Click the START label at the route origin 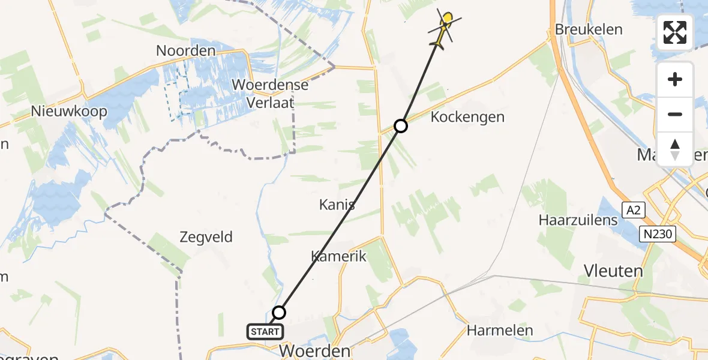[265, 331]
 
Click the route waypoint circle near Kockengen [401, 125]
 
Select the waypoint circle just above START [279, 312]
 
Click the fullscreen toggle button [675, 32]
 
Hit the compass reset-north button [675, 149]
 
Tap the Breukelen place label [589, 29]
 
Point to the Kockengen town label [467, 117]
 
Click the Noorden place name [185, 51]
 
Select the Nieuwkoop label [70, 112]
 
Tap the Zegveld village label [206, 237]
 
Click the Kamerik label [338, 256]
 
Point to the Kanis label [337, 205]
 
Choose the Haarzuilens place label [578, 220]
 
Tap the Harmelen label [500, 331]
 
